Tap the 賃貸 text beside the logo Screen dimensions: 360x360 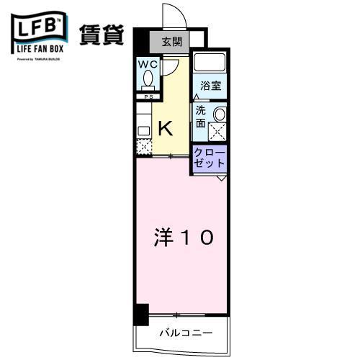pos(107,34)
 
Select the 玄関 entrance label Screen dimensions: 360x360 pos(172,42)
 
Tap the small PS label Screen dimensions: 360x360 pos(148,96)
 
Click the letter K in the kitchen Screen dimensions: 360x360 pos(165,128)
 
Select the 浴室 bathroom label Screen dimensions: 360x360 pos(211,85)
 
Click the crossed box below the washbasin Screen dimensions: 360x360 pos(217,132)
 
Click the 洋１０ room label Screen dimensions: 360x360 pos(183,238)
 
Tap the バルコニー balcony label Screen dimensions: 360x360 pos(185,334)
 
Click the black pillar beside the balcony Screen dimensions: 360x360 pos(140,314)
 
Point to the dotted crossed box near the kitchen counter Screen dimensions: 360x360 pos(143,147)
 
